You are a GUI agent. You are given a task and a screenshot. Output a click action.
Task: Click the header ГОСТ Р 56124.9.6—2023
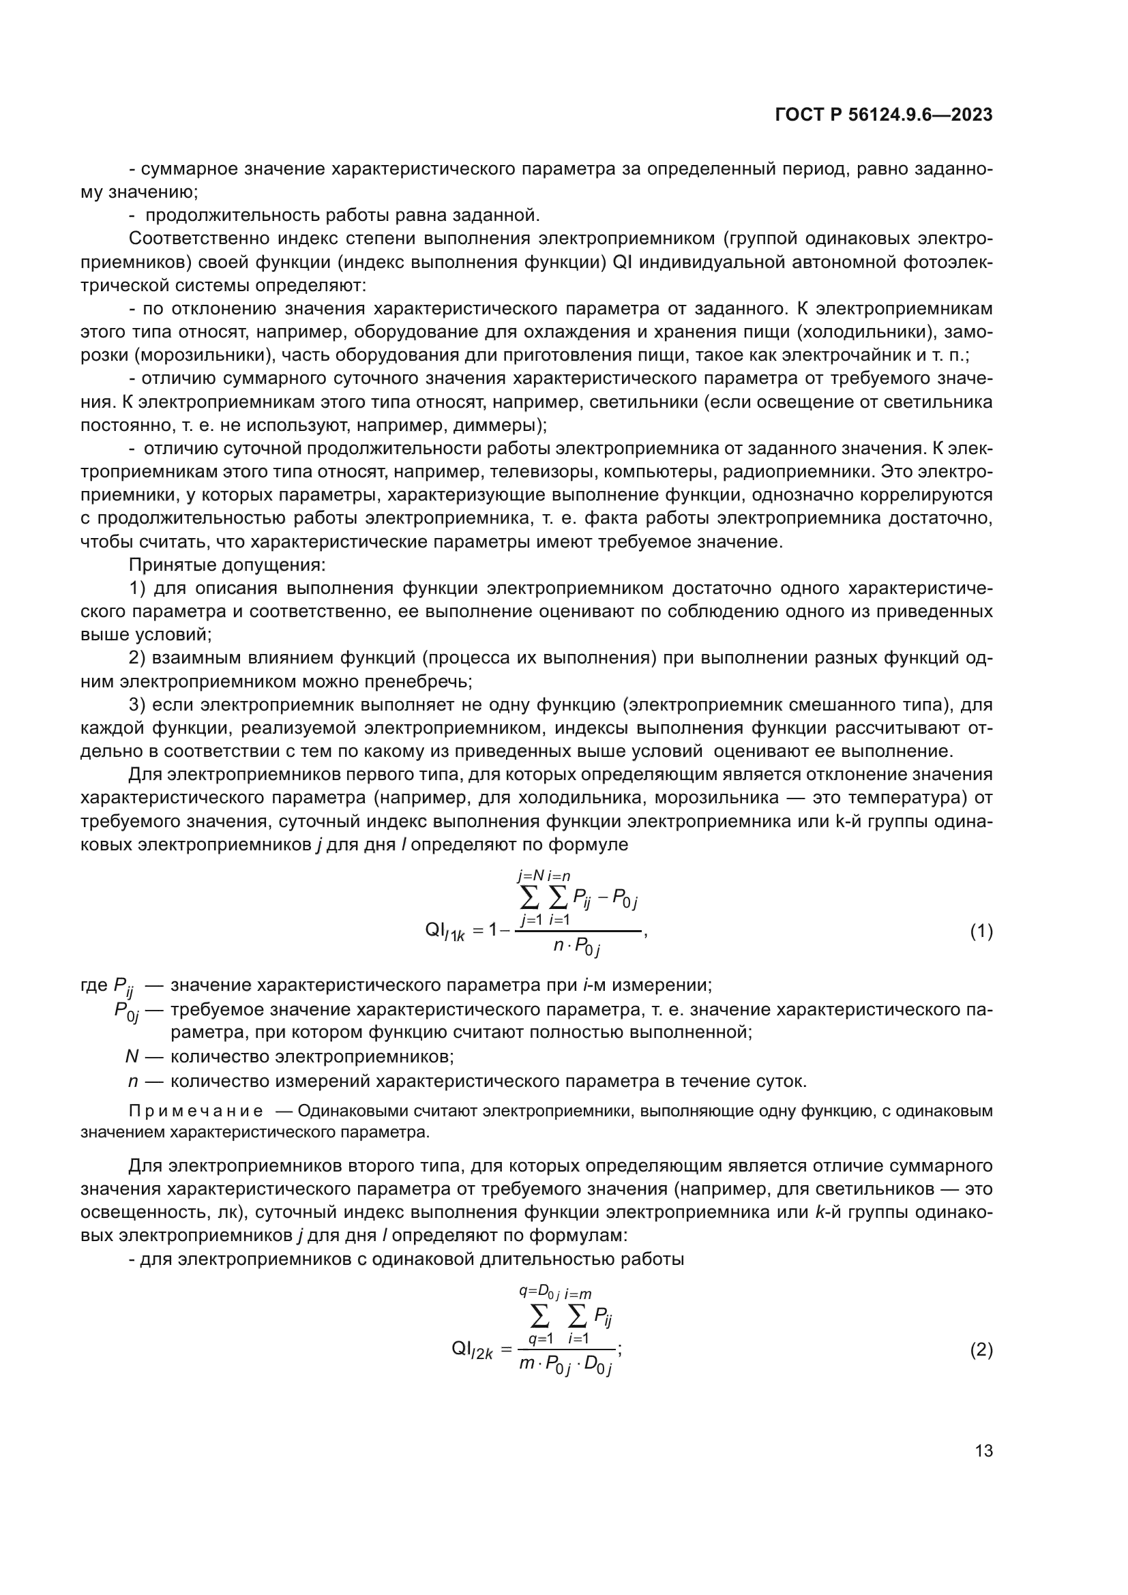pos(883,115)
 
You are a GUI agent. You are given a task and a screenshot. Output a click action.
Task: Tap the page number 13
pos(983,1450)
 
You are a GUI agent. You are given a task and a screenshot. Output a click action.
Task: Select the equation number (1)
pos(981,931)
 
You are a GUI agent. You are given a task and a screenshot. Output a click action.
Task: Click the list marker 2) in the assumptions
pos(138,658)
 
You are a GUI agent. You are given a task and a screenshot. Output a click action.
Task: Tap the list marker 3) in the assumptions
pos(138,705)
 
